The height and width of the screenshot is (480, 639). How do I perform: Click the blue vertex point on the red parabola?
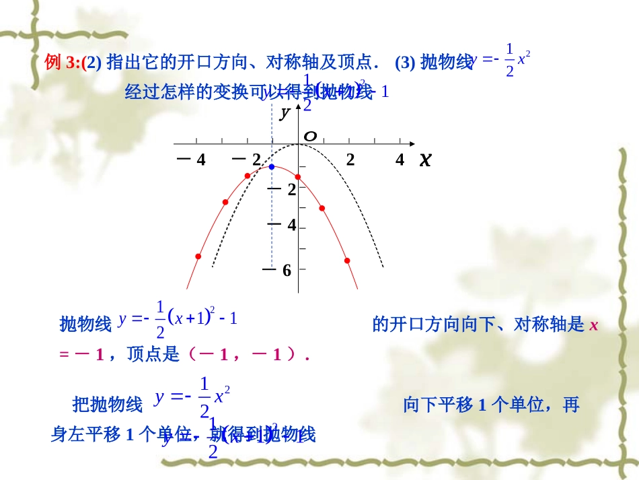pyautogui.click(x=272, y=166)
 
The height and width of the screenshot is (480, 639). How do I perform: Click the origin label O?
pyautogui.click(x=310, y=137)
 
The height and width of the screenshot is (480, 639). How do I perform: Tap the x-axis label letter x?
pyautogui.click(x=424, y=160)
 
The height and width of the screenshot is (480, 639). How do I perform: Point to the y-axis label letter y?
pyautogui.click(x=285, y=112)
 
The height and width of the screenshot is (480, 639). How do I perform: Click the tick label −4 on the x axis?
pyautogui.click(x=191, y=160)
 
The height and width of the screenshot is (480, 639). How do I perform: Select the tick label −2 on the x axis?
pyautogui.click(x=248, y=160)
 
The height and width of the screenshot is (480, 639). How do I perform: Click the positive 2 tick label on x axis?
pyautogui.click(x=350, y=160)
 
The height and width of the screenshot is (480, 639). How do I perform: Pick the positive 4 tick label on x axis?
pyautogui.click(x=400, y=160)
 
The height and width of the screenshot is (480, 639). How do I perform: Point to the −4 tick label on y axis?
pyautogui.click(x=283, y=225)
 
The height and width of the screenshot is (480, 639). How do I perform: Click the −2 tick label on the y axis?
pyautogui.click(x=283, y=190)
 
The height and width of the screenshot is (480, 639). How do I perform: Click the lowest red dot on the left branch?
pyautogui.click(x=198, y=256)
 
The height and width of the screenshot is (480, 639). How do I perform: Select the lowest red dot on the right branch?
pyautogui.click(x=347, y=260)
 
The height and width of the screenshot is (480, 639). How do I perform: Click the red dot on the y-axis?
pyautogui.click(x=298, y=176)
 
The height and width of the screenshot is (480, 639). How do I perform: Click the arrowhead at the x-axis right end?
pyautogui.click(x=412, y=144)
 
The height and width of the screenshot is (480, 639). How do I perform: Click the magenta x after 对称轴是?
pyautogui.click(x=593, y=325)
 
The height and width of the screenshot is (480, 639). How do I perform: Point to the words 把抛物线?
pyautogui.click(x=108, y=405)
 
